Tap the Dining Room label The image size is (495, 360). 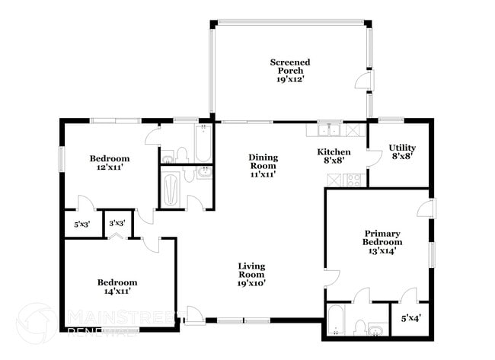tap(263, 165)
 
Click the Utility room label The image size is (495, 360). tap(401, 151)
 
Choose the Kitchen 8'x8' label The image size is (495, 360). tap(334, 156)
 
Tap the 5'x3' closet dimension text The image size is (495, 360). tap(81, 225)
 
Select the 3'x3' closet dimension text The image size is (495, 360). tap(117, 224)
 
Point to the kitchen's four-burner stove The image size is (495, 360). tap(353, 180)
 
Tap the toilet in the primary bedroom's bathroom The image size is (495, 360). tap(359, 327)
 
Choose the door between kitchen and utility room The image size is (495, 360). tap(373, 158)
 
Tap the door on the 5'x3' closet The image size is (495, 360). tap(84, 203)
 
